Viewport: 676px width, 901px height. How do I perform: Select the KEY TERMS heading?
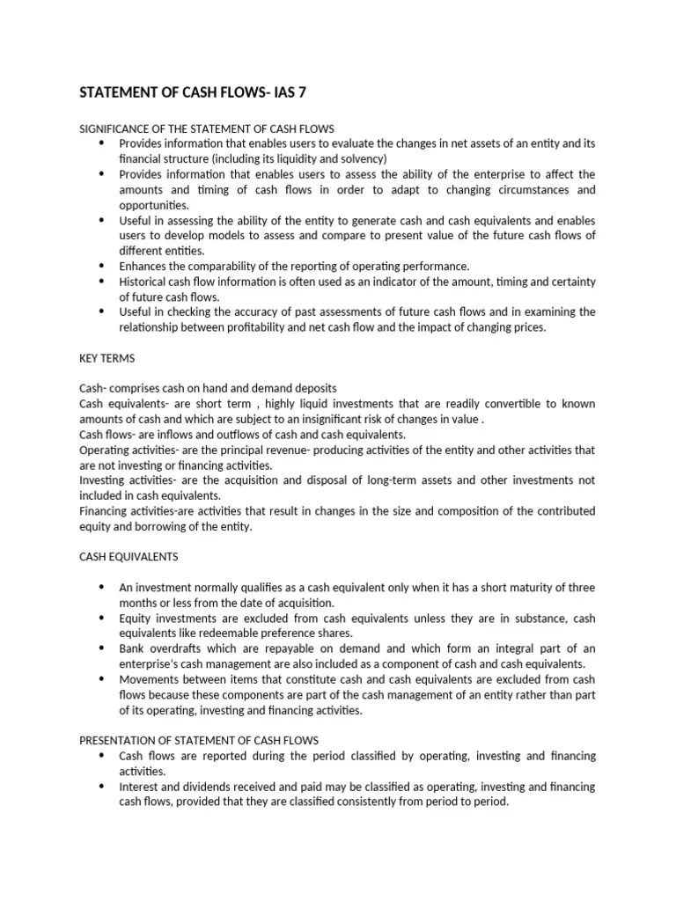coord(107,359)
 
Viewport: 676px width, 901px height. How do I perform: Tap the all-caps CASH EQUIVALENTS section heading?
coord(129,556)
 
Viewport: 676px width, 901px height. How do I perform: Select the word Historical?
coord(146,282)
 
